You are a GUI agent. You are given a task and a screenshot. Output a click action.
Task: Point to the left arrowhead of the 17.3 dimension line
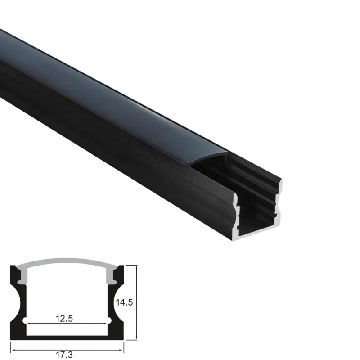[13, 347]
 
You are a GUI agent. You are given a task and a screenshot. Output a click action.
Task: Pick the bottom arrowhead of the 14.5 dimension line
[136, 338]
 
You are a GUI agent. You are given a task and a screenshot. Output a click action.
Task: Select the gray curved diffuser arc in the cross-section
[67, 261]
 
